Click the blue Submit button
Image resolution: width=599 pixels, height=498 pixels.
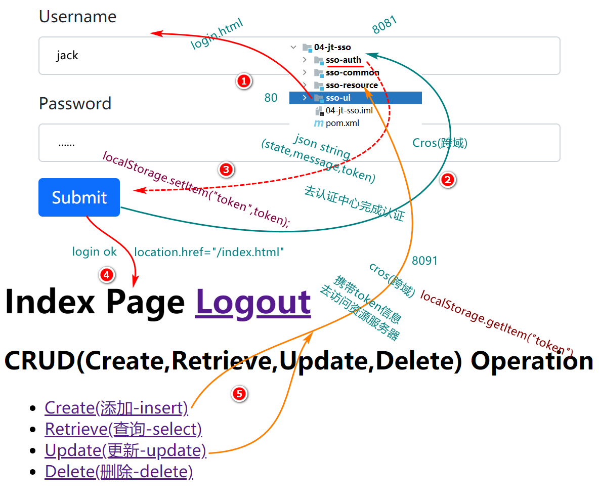click(x=79, y=197)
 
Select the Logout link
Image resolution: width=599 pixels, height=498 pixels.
click(x=252, y=302)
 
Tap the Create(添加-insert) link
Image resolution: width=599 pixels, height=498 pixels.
click(x=116, y=407)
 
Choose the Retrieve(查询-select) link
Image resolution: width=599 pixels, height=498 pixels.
click(x=123, y=429)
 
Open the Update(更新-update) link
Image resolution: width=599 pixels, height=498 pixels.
click(x=125, y=450)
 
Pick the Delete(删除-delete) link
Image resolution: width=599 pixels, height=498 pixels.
click(x=119, y=472)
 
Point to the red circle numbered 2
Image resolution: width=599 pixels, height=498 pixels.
click(x=448, y=179)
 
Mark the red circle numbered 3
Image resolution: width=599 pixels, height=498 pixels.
click(x=226, y=170)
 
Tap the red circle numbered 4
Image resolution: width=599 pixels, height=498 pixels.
click(x=106, y=275)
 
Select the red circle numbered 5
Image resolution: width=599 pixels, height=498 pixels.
click(x=239, y=393)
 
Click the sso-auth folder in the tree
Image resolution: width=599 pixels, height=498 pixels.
click(x=344, y=60)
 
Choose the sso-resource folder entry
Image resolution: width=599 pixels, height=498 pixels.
click(x=352, y=85)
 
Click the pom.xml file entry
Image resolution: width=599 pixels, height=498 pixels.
click(x=342, y=123)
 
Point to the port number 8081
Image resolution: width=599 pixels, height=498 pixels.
click(x=384, y=25)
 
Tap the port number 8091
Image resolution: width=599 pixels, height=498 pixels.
click(x=424, y=261)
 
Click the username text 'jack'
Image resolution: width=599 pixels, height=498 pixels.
click(x=67, y=55)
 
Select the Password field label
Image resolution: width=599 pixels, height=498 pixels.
click(x=75, y=103)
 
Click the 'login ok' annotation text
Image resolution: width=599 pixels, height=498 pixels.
click(x=94, y=252)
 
